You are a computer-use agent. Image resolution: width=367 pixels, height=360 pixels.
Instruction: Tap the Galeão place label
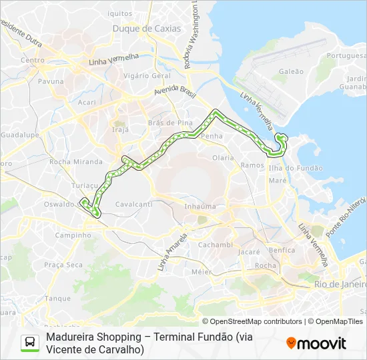pos(291,71)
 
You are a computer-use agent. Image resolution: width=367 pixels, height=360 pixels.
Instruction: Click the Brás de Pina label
pos(170,123)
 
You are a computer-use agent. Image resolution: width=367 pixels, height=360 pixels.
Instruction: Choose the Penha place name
pos(212,136)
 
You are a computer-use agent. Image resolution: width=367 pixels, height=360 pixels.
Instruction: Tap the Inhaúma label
pos(200,207)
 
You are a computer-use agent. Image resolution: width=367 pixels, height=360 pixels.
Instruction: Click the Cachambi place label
pos(215,245)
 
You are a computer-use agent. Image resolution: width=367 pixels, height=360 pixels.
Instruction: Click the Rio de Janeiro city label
pos(340,285)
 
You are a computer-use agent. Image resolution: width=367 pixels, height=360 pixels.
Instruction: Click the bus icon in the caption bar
pos(29,343)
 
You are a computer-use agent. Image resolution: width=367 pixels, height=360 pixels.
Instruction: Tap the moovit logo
pos(316,343)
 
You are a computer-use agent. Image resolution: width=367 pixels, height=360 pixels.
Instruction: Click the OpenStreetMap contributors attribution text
pos(252,321)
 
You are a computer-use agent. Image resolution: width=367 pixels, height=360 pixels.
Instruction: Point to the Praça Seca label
pos(63,265)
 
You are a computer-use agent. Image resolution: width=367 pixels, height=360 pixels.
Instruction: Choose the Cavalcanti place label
pos(133,204)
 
